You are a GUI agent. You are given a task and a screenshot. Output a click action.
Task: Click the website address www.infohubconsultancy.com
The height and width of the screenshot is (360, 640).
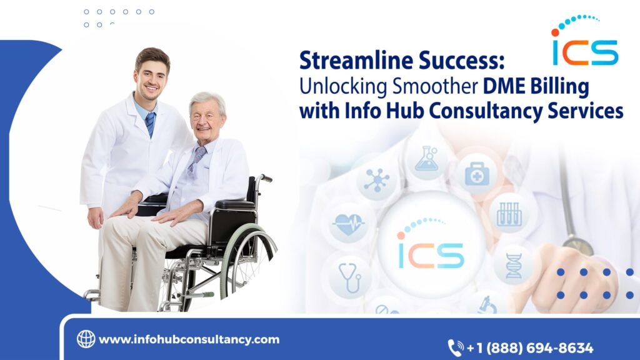point(189,339)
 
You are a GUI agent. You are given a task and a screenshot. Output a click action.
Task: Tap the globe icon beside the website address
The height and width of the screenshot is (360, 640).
point(86,339)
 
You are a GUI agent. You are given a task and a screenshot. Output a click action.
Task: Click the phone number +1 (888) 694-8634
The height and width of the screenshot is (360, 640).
point(530,348)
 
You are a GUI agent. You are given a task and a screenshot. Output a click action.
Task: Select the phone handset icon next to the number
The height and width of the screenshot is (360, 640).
point(456,347)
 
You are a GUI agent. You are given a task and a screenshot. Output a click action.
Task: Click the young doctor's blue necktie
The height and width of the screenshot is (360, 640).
point(150,123)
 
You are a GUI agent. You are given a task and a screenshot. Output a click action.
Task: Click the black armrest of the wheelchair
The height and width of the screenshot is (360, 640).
point(235,204)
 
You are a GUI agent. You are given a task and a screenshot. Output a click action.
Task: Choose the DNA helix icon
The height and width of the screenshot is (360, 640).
point(513,265)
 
